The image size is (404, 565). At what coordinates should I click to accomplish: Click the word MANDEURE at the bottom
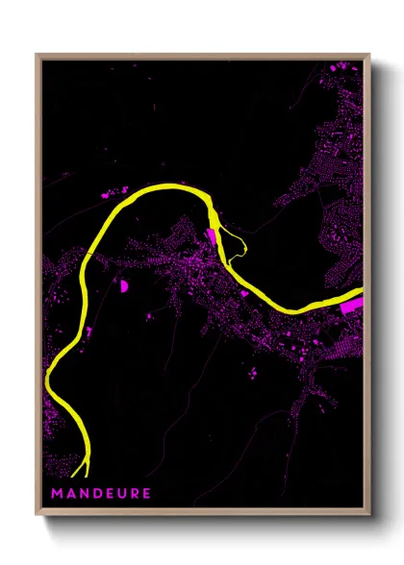click(x=101, y=494)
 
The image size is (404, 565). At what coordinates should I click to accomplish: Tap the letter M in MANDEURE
click(x=58, y=494)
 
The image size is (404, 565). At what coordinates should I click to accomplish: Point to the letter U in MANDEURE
click(x=121, y=494)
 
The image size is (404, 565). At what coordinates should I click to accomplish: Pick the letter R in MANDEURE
click(x=134, y=494)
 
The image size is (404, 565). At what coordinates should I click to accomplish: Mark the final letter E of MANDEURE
click(x=146, y=494)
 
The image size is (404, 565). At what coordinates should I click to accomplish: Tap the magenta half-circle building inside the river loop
click(x=123, y=284)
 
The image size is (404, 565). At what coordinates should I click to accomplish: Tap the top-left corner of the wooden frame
click(x=38, y=55)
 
